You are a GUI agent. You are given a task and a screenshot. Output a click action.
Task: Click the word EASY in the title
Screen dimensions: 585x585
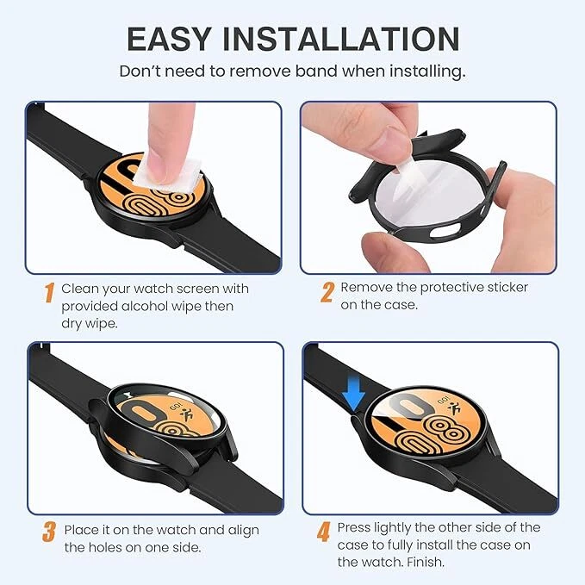pyautogui.click(x=169, y=39)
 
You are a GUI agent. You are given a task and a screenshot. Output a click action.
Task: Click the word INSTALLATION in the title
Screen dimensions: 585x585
pyautogui.click(x=341, y=39)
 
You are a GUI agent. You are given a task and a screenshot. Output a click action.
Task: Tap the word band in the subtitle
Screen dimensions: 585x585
pyautogui.click(x=316, y=71)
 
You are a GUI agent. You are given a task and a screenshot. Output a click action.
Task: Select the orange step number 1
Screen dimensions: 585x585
pyautogui.click(x=50, y=293)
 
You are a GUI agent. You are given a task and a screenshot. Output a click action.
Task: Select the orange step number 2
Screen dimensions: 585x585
pyautogui.click(x=327, y=292)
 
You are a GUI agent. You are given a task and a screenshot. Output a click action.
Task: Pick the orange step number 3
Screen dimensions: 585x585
pyautogui.click(x=49, y=532)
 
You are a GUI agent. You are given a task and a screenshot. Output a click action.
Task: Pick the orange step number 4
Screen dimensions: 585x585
pyautogui.click(x=323, y=532)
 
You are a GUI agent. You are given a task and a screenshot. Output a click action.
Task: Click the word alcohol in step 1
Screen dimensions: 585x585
pyautogui.click(x=132, y=307)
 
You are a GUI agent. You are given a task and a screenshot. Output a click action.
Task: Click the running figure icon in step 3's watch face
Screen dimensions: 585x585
pyautogui.click(x=186, y=414)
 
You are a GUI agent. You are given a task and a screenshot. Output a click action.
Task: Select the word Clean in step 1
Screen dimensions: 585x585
pyautogui.click(x=79, y=289)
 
